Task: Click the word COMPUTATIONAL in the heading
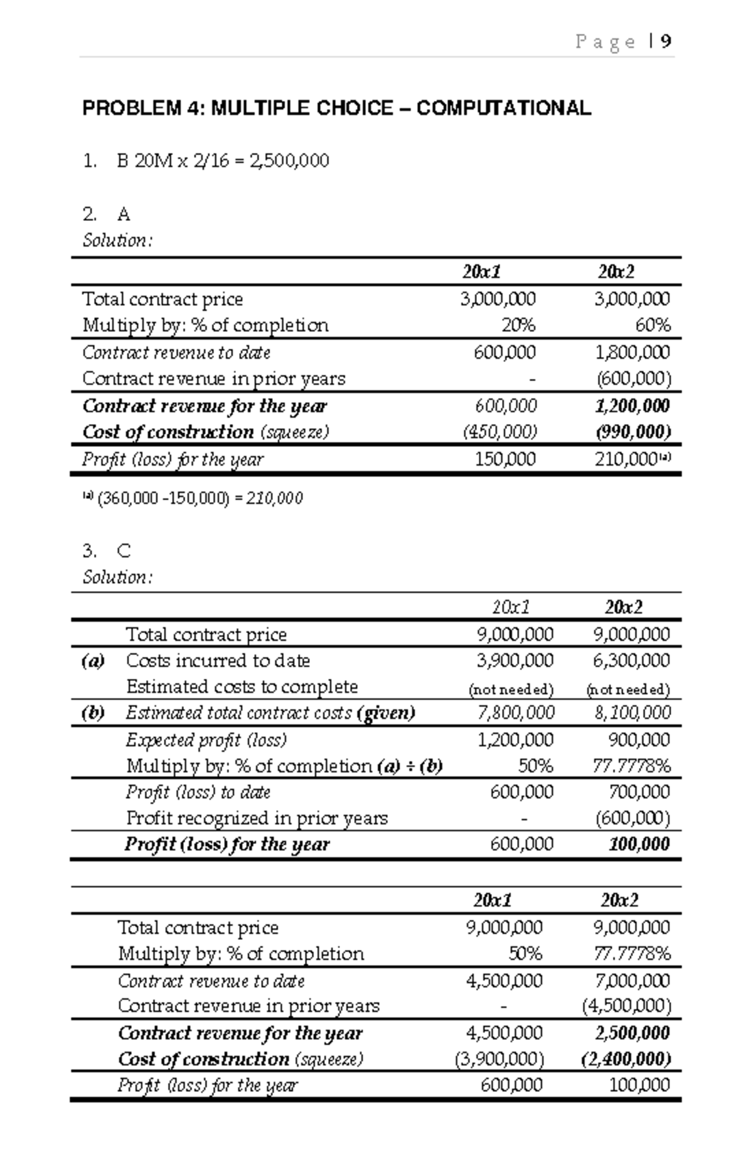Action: click(x=503, y=109)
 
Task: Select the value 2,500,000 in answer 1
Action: click(x=289, y=161)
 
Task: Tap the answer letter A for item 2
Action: click(x=124, y=215)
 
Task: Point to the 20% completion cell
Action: click(x=518, y=326)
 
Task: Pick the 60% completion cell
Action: click(x=653, y=326)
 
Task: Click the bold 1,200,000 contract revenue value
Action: click(x=632, y=406)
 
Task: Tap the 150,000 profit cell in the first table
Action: click(x=505, y=459)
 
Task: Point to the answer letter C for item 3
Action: click(x=124, y=552)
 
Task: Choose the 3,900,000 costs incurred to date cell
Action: click(x=515, y=661)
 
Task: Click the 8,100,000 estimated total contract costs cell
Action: click(x=632, y=713)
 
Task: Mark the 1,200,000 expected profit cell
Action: click(x=515, y=740)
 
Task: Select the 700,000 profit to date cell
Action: click(x=639, y=792)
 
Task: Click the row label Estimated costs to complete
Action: click(x=242, y=687)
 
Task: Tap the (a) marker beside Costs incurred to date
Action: click(x=93, y=661)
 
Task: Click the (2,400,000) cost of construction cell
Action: click(x=626, y=1059)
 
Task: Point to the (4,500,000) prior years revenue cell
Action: click(x=626, y=1006)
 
